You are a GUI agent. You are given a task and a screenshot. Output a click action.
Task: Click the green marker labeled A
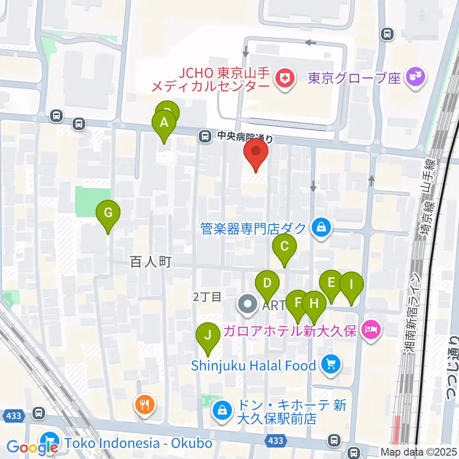click(x=164, y=123)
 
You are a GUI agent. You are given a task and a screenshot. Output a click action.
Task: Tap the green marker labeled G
click(x=108, y=213)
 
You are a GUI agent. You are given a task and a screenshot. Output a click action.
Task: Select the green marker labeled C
click(x=284, y=247)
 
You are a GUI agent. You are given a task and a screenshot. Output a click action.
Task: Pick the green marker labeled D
click(x=267, y=283)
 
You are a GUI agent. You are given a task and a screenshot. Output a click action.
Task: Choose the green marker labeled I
click(x=351, y=285)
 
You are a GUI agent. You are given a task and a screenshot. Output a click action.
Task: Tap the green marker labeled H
click(x=314, y=304)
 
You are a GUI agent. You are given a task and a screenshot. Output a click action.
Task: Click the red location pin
click(x=256, y=152)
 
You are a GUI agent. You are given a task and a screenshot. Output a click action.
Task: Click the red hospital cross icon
click(x=285, y=79)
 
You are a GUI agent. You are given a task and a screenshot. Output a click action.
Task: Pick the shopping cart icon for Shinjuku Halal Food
click(x=330, y=366)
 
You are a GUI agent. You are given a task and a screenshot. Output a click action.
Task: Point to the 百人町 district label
click(x=151, y=262)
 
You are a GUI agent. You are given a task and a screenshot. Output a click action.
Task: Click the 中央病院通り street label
click(x=245, y=137)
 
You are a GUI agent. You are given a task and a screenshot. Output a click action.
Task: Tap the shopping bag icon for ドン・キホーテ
click(x=222, y=410)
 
